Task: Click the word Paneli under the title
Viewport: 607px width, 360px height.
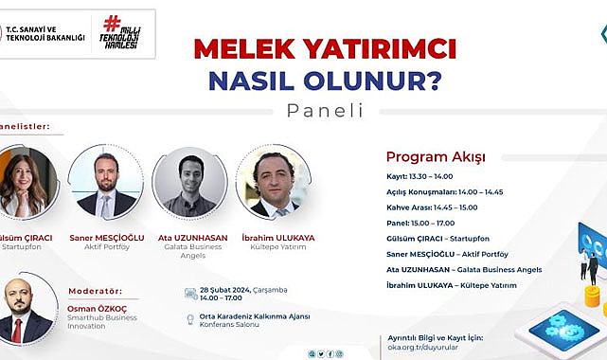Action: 324,110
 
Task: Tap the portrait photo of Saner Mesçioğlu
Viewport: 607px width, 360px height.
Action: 105,183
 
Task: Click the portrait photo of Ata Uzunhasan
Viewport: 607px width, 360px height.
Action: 189,183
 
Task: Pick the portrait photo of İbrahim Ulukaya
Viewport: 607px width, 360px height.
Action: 273,183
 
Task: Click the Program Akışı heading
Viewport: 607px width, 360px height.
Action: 435,156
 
